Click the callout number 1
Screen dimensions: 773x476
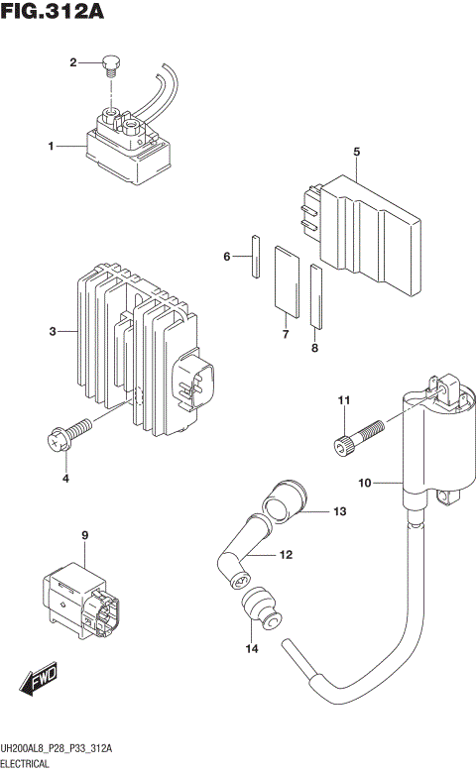pyautogui.click(x=50, y=147)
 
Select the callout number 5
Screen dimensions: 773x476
pyautogui.click(x=355, y=151)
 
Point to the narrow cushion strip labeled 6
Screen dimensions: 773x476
pyautogui.click(x=255, y=257)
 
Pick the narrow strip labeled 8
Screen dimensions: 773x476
pyautogui.click(x=315, y=294)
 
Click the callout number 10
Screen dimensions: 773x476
pyautogui.click(x=364, y=483)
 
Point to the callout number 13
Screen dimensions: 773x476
pyautogui.click(x=339, y=512)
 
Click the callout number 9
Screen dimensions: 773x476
pyautogui.click(x=85, y=537)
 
